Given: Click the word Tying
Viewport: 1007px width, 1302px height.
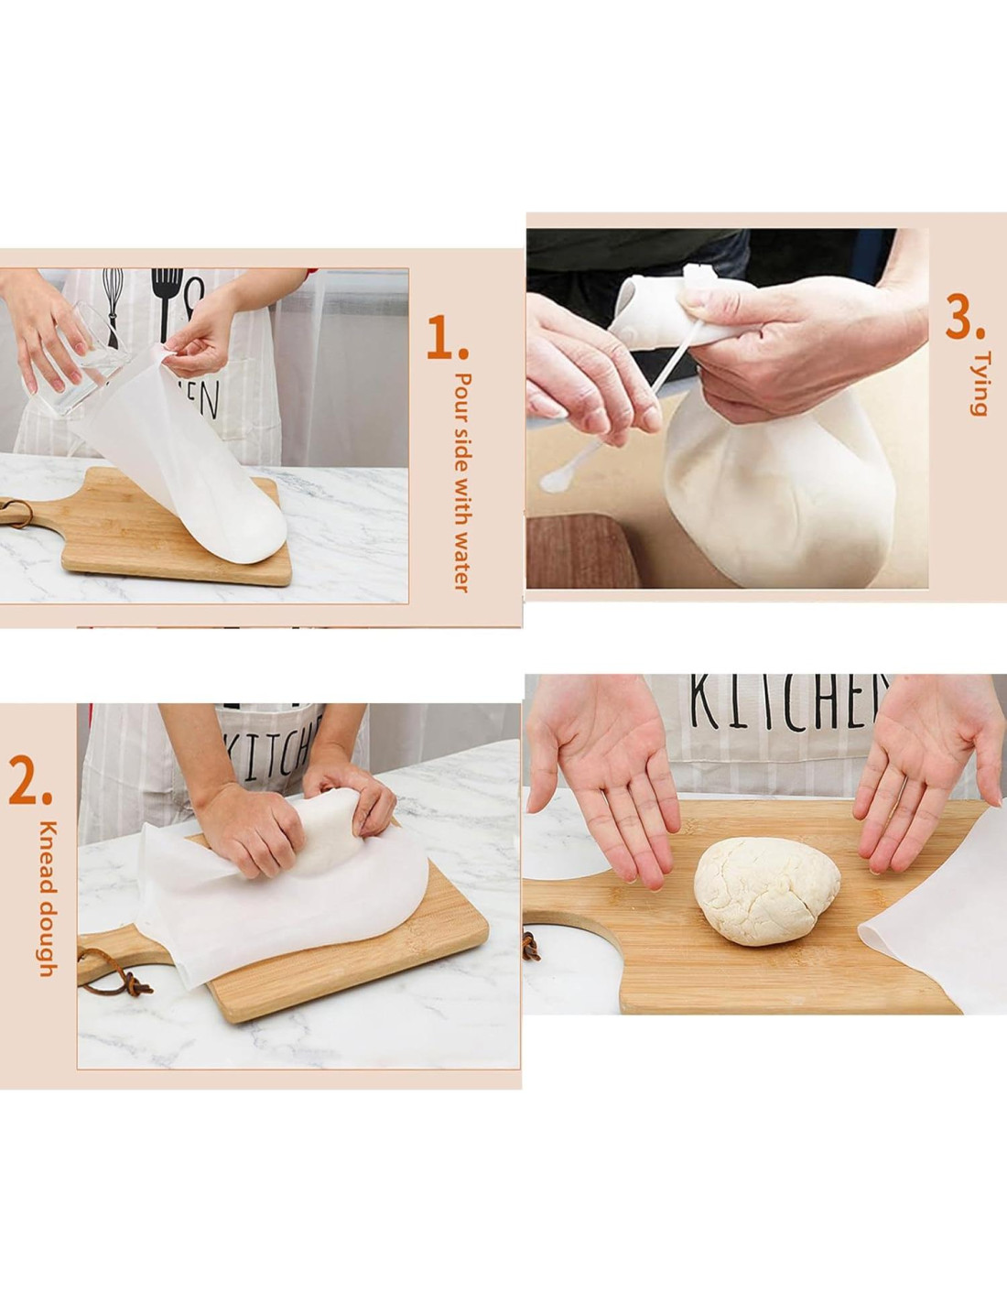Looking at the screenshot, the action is tap(977, 384).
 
